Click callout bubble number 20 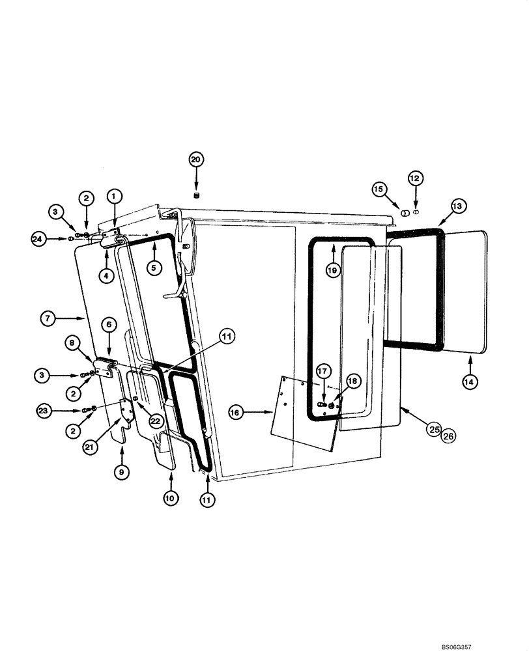196,159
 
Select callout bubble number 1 114,195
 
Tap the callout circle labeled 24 40,240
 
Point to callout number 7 47,318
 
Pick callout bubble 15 379,189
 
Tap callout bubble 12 416,177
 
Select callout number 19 333,269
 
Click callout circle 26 448,436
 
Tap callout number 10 170,498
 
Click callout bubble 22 154,421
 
